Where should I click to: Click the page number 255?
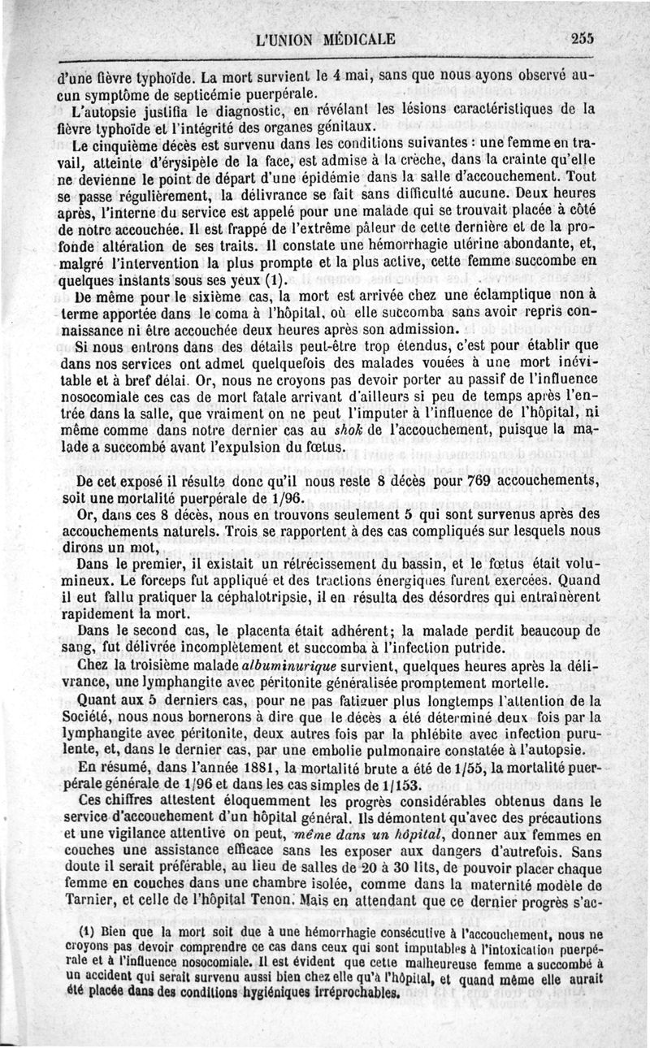pos(583,37)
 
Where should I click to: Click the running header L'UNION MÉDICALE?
pos(324,38)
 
